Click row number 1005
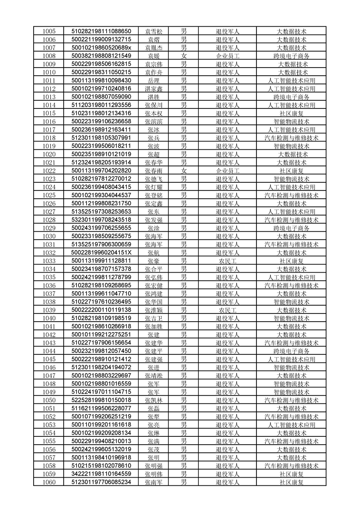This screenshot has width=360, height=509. [x=49, y=31]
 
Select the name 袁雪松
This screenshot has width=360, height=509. [x=153, y=31]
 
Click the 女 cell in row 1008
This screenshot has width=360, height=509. [x=184, y=56]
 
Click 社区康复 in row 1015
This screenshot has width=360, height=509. [x=291, y=113]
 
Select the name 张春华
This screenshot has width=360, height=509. [x=153, y=162]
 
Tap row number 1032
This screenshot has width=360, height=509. [x=49, y=253]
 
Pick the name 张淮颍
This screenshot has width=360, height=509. [x=153, y=310]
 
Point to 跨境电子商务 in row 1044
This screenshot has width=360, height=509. [x=291, y=351]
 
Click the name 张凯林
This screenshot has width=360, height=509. [x=153, y=400]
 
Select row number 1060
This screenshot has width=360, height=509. [x=49, y=482]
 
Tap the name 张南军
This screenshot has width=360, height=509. [x=153, y=482]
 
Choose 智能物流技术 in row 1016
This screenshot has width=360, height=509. [x=291, y=122]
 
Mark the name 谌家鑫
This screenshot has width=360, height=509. [x=153, y=88]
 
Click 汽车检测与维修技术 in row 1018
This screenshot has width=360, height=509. [x=291, y=138]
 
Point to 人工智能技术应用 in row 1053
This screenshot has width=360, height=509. [x=291, y=425]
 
